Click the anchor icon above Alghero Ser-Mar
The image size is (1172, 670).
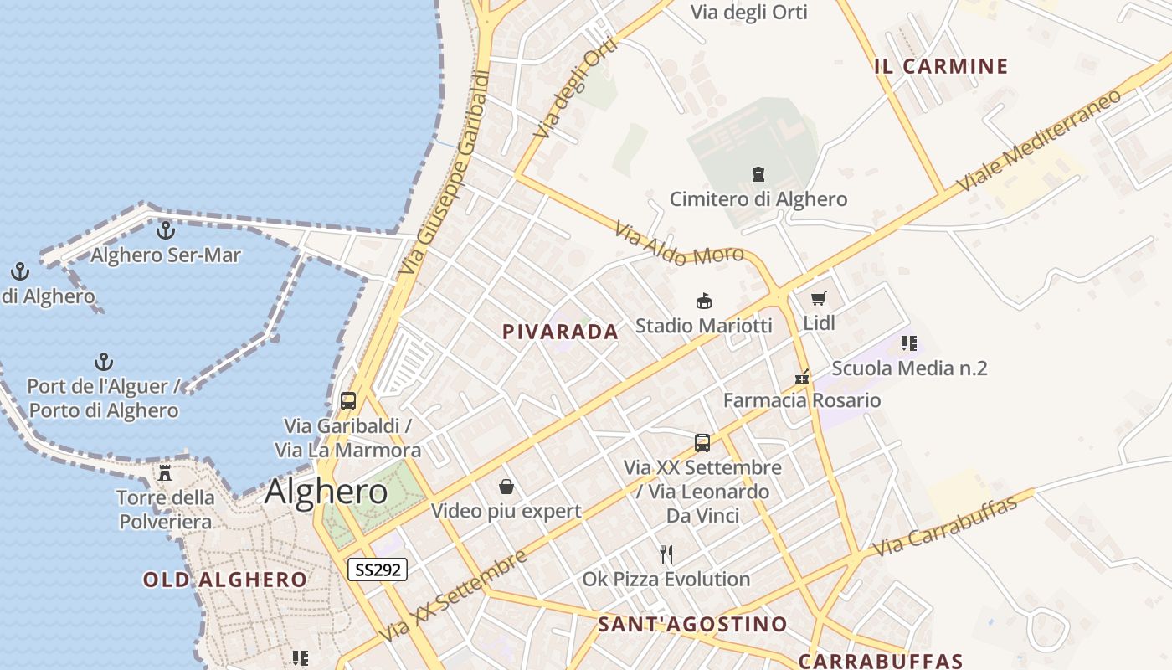pyautogui.click(x=166, y=229)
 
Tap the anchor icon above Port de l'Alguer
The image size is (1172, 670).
pyautogui.click(x=103, y=362)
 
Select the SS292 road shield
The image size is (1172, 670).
pyautogui.click(x=378, y=569)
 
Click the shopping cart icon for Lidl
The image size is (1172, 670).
pyautogui.click(x=819, y=298)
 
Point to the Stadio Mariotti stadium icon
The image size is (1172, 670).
pyautogui.click(x=704, y=301)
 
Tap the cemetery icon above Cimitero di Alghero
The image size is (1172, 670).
pyautogui.click(x=758, y=174)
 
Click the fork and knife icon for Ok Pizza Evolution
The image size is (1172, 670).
pyautogui.click(x=666, y=554)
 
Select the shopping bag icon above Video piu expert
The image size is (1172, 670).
pyautogui.click(x=506, y=486)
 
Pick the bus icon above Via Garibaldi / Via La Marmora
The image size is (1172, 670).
pyautogui.click(x=348, y=400)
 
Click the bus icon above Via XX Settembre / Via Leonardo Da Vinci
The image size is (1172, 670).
pyautogui.click(x=702, y=442)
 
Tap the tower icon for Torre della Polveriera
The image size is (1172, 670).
pyautogui.click(x=165, y=472)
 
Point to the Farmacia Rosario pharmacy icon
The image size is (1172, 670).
pyautogui.click(x=802, y=376)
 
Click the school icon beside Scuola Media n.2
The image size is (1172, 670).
pyautogui.click(x=909, y=343)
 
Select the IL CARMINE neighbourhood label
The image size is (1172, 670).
pyautogui.click(x=941, y=66)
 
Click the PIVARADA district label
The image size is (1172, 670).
pyautogui.click(x=560, y=332)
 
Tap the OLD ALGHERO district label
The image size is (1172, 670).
pyautogui.click(x=224, y=580)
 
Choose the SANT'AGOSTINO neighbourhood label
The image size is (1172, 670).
pyautogui.click(x=692, y=624)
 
